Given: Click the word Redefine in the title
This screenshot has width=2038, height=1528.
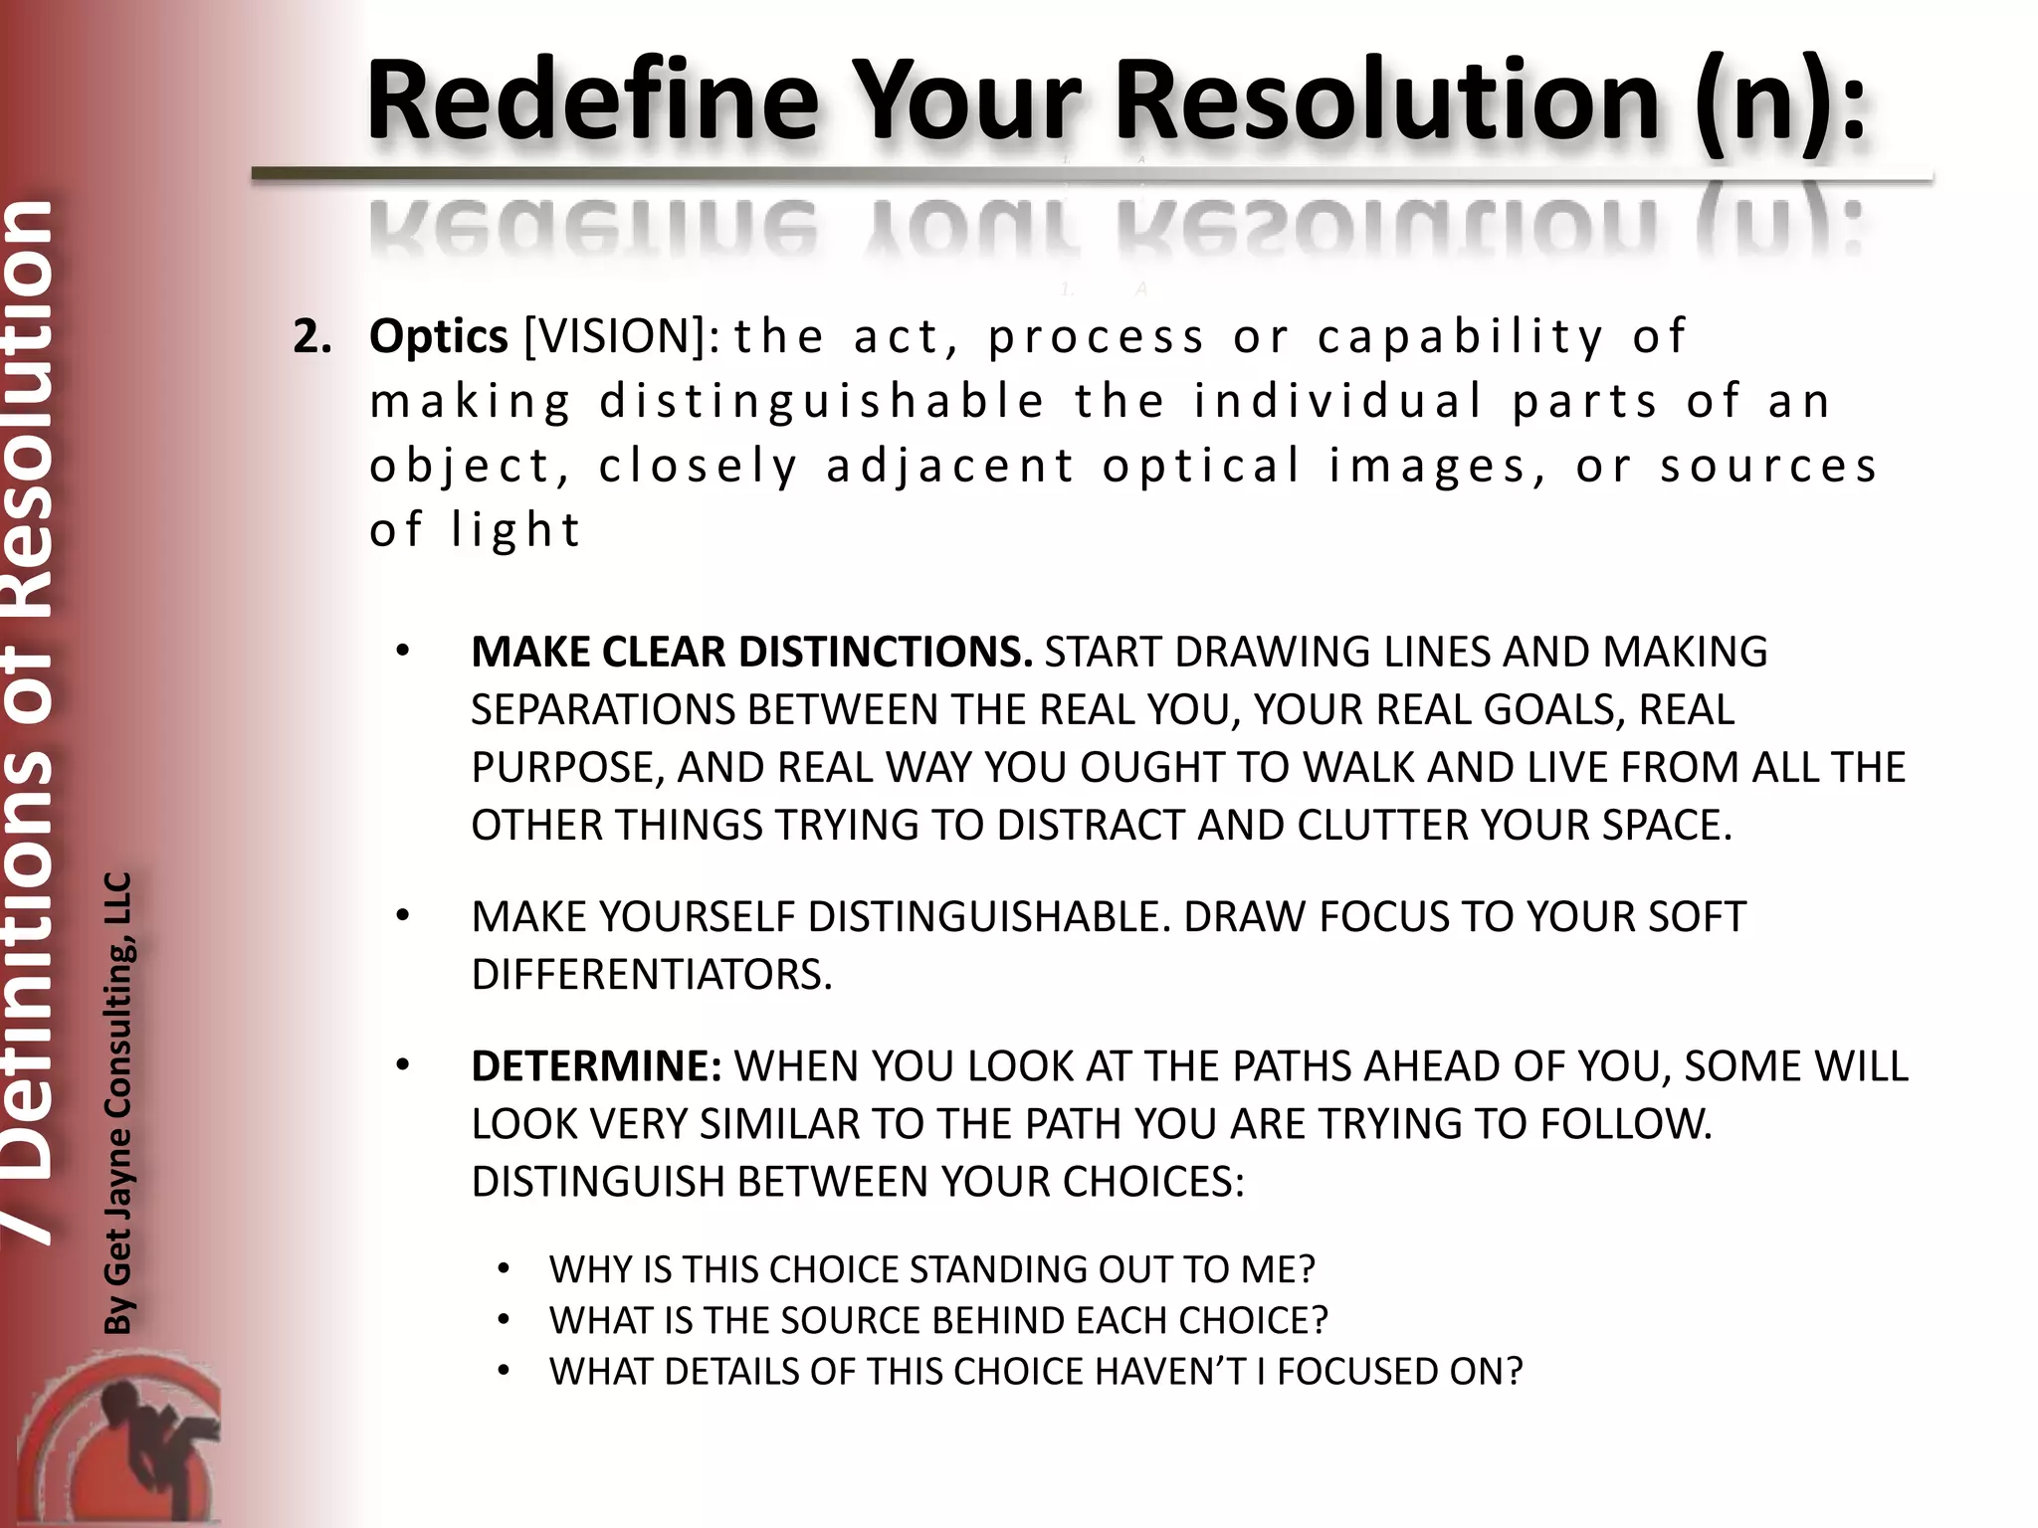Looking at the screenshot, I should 593,101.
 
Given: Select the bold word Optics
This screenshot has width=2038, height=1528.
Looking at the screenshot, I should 438,337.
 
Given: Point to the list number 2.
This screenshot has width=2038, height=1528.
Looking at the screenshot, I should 310,338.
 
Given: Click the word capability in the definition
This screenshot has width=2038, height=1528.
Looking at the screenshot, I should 1461,337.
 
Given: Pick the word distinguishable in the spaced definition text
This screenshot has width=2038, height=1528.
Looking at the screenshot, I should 822,402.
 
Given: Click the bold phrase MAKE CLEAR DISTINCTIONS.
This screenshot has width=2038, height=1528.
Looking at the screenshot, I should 751,652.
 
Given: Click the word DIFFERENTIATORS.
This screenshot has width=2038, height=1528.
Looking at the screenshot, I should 651,975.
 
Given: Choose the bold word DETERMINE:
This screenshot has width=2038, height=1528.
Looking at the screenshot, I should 596,1066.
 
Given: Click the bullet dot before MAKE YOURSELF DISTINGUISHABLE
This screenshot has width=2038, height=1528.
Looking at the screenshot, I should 402,916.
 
